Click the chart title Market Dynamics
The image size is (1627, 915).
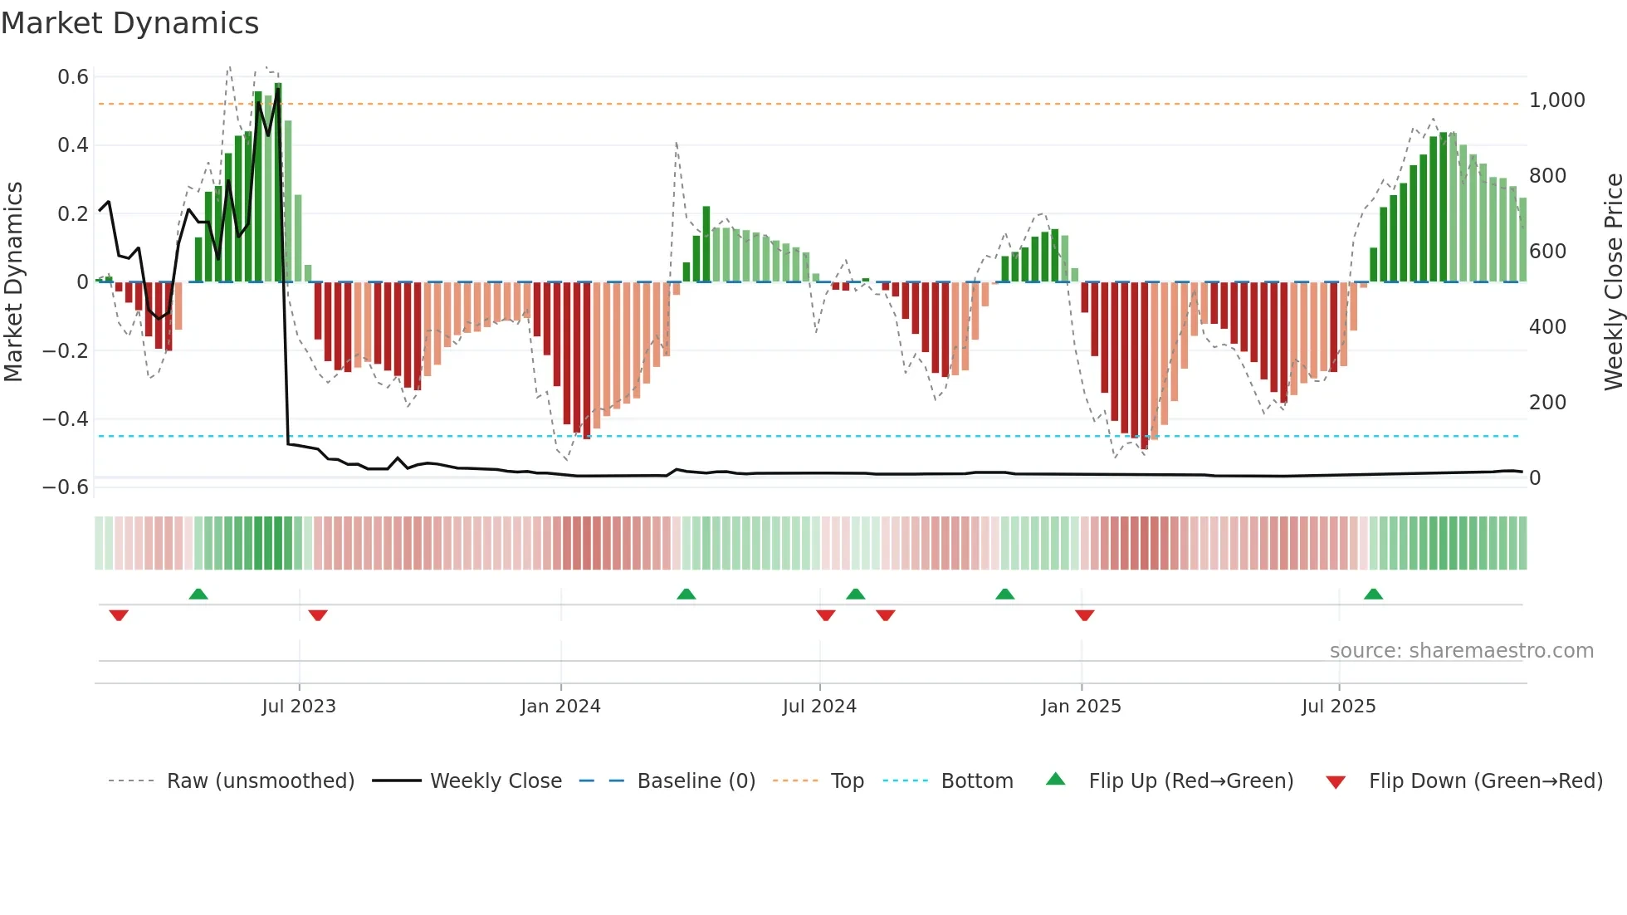pyautogui.click(x=130, y=23)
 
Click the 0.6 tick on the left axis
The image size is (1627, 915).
pyautogui.click(x=73, y=77)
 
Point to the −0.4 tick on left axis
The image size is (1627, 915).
pyautogui.click(x=66, y=419)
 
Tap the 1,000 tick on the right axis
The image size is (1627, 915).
pyautogui.click(x=1556, y=100)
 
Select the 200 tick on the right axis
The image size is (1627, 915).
pyautogui.click(x=1547, y=403)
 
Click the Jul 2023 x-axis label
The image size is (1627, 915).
pyautogui.click(x=299, y=707)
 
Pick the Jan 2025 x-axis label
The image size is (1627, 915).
pyautogui.click(x=1081, y=707)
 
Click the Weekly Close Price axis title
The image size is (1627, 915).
pyautogui.click(x=1613, y=281)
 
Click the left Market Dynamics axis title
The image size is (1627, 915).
pyautogui.click(x=13, y=281)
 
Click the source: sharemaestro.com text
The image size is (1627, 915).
pyautogui.click(x=1461, y=651)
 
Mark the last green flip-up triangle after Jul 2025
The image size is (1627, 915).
pyautogui.click(x=1373, y=595)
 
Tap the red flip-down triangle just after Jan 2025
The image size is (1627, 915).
pyautogui.click(x=1084, y=615)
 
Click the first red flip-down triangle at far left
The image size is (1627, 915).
pyautogui.click(x=119, y=615)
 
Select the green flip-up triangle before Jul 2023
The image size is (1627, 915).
pyautogui.click(x=198, y=595)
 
